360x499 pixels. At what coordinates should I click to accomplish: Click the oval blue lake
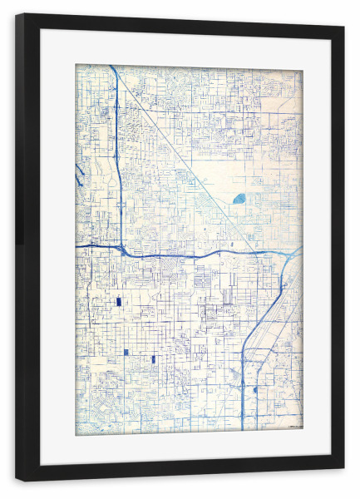coord(240,199)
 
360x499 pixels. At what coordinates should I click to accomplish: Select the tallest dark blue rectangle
coord(118,302)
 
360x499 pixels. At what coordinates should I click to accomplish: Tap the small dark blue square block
coord(126,352)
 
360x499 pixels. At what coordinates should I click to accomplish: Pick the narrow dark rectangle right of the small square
coord(154,359)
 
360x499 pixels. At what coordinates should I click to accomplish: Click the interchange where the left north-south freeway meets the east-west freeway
coord(121,247)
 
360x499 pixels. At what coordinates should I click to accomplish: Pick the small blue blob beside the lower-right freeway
coord(255,388)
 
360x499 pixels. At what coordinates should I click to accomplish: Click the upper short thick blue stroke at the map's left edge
coord(78,170)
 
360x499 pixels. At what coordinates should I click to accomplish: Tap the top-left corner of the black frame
coord(17,16)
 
